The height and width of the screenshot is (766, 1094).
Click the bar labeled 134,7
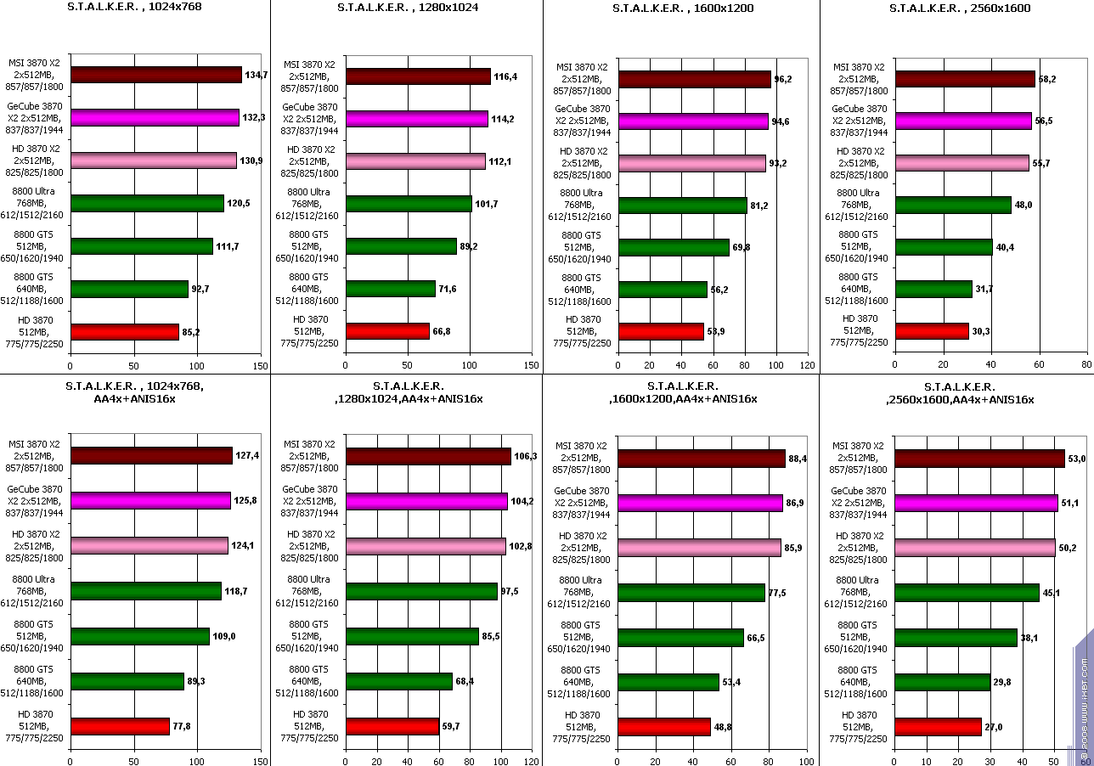(156, 75)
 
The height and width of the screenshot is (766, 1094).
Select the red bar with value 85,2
(125, 331)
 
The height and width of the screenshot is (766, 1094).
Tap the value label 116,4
(505, 77)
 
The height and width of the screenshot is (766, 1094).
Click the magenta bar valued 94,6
(693, 121)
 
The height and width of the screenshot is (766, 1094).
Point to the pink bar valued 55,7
(962, 163)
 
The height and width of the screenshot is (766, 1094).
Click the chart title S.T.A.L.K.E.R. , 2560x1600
(947, 8)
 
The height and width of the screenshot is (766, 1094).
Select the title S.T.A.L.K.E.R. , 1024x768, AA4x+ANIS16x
(134, 391)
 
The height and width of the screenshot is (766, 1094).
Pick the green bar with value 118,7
(146, 590)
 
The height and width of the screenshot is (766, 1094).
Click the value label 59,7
(452, 727)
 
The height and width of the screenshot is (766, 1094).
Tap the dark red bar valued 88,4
(702, 459)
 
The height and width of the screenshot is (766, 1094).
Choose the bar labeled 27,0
(938, 727)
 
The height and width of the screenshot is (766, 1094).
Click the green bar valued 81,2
(683, 206)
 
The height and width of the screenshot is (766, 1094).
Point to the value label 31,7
(985, 290)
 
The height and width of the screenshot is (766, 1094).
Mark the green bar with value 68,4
(399, 681)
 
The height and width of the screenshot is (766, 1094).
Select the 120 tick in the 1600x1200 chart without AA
(807, 365)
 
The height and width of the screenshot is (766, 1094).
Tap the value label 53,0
(1077, 459)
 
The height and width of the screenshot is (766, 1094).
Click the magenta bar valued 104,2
(426, 501)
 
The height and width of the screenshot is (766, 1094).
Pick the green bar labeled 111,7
(142, 246)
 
